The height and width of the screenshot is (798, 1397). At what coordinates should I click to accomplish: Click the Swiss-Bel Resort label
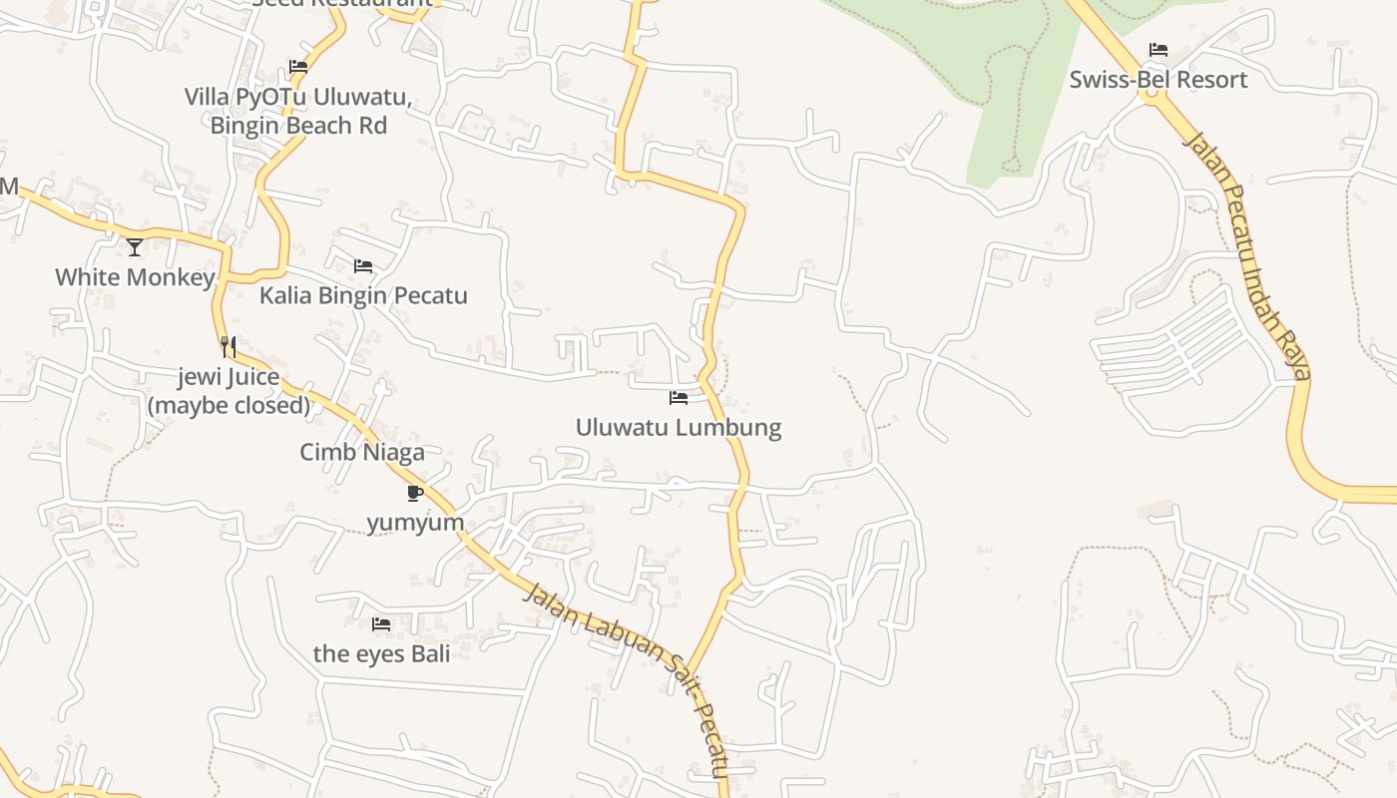click(x=1159, y=80)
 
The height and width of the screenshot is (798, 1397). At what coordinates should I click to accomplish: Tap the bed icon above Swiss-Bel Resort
click(x=1158, y=49)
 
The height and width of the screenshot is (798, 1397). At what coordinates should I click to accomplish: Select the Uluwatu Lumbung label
click(x=679, y=428)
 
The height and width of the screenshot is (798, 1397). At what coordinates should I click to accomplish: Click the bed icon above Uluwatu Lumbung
click(x=679, y=398)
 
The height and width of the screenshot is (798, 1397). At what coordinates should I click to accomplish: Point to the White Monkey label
click(x=135, y=277)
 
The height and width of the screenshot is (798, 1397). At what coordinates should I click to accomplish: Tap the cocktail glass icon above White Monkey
click(x=135, y=246)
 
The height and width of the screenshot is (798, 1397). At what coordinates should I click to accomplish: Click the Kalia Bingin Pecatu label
click(x=363, y=296)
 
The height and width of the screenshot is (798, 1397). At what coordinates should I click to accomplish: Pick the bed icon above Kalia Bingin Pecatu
click(x=363, y=266)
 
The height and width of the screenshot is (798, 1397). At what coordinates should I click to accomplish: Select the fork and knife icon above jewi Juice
click(x=229, y=347)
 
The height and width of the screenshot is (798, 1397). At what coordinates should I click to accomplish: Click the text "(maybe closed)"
click(x=230, y=406)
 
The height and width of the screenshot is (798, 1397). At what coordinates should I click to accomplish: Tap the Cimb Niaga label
click(x=362, y=452)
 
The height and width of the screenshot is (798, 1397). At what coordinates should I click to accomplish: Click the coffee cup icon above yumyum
click(x=415, y=493)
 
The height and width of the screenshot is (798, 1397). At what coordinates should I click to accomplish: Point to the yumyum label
click(x=415, y=523)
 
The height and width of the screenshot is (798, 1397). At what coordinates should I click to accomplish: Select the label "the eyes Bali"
click(x=381, y=654)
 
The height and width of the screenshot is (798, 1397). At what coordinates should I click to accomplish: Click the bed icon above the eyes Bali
click(x=381, y=624)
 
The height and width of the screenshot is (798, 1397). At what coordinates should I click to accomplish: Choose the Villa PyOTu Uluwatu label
click(x=298, y=98)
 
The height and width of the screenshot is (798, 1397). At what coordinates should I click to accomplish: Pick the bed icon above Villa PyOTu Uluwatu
click(x=298, y=68)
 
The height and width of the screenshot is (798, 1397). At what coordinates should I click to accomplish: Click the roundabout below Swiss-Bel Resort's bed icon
click(x=1154, y=96)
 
